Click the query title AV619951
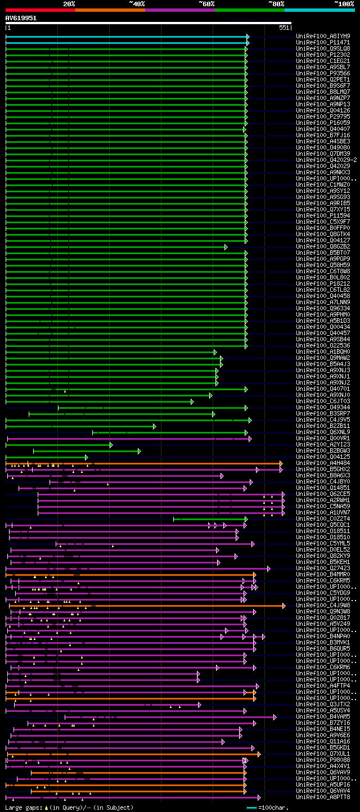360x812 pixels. (x=21, y=18)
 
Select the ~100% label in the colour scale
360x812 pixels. (x=344, y=3)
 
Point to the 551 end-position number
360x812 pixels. (x=284, y=28)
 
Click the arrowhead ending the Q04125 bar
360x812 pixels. (x=87, y=457)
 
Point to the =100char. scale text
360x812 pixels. (x=273, y=808)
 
